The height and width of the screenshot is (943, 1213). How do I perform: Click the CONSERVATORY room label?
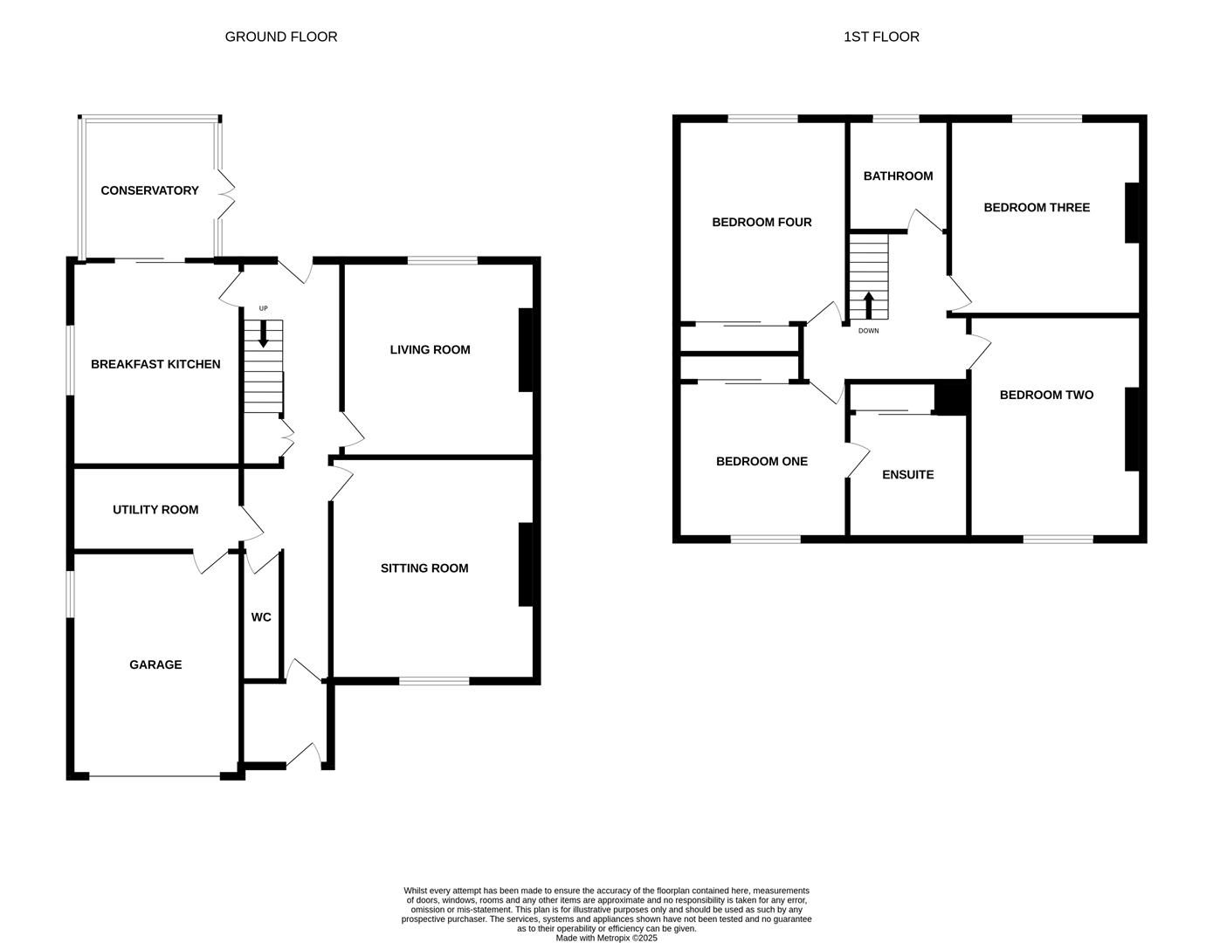(149, 190)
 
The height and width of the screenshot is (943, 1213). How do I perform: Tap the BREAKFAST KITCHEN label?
(155, 364)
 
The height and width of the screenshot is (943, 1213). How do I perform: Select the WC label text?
(261, 617)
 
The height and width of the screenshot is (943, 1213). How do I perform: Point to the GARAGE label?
(155, 664)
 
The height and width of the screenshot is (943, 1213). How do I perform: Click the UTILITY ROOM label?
(155, 510)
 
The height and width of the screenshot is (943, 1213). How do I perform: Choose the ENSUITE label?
(907, 475)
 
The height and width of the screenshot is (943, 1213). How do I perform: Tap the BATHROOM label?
(898, 176)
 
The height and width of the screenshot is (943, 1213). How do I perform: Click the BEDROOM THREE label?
(1037, 208)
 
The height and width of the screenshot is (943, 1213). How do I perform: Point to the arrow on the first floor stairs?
(868, 305)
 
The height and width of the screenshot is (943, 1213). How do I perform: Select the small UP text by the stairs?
(263, 309)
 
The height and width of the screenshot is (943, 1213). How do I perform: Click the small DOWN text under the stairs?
(868, 331)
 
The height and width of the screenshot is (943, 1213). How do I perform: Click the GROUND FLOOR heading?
(280, 37)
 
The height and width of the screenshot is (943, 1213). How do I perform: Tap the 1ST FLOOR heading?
(881, 37)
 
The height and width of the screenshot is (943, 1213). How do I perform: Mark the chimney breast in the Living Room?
(526, 349)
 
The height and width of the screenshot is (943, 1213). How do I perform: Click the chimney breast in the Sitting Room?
(526, 564)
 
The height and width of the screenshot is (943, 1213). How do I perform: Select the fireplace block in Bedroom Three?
(1133, 212)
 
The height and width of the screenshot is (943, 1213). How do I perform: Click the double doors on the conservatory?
(226, 194)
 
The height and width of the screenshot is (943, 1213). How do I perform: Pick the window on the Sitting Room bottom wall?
(434, 681)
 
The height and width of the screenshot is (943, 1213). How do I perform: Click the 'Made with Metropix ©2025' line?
(606, 939)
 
